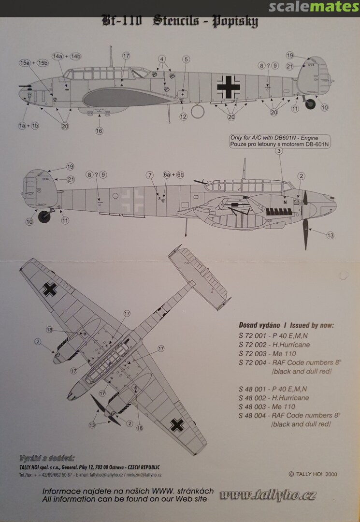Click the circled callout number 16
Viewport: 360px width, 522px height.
pos(100,130)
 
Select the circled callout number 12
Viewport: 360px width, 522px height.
pos(183,116)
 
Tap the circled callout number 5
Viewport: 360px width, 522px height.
pos(186,59)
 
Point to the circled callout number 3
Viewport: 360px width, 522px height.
pos(278,151)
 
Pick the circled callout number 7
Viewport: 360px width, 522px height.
pos(150,174)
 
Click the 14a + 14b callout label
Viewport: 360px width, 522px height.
pos(67,56)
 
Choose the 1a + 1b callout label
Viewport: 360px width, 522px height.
pos(29,126)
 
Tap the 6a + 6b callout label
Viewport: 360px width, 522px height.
pos(173,174)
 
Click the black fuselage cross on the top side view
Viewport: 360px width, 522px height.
pos(227,86)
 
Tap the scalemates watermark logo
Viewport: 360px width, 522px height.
pos(314,6)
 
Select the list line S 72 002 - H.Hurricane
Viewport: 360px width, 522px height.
pos(274,345)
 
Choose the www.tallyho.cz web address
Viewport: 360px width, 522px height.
pos(268,495)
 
